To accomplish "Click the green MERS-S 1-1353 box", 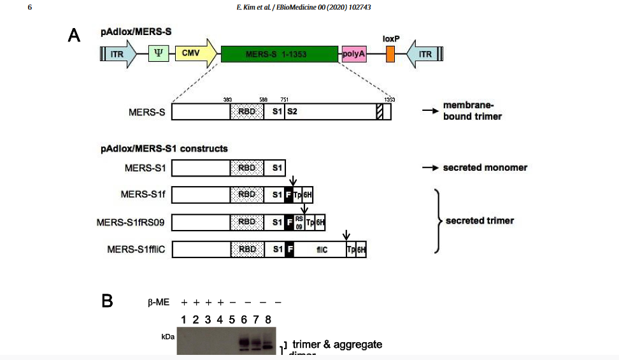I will coord(279,54).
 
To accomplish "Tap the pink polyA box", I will coord(354,54).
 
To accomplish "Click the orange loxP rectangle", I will coord(390,54).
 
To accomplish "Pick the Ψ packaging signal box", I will coord(158,54).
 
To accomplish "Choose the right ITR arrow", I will coord(423,54).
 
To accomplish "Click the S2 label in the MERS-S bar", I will coord(291,112).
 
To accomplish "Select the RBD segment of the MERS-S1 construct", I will coord(246,168).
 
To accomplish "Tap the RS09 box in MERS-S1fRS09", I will coord(299,222).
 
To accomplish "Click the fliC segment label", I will coord(322,249).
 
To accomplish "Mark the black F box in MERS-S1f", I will coord(288,195).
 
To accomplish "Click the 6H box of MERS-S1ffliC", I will coord(361,249).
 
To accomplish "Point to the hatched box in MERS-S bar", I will coord(380,112).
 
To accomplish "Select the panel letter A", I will coord(74,36).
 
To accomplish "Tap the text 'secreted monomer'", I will coord(485,168).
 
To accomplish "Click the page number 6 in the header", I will coord(30,7).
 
